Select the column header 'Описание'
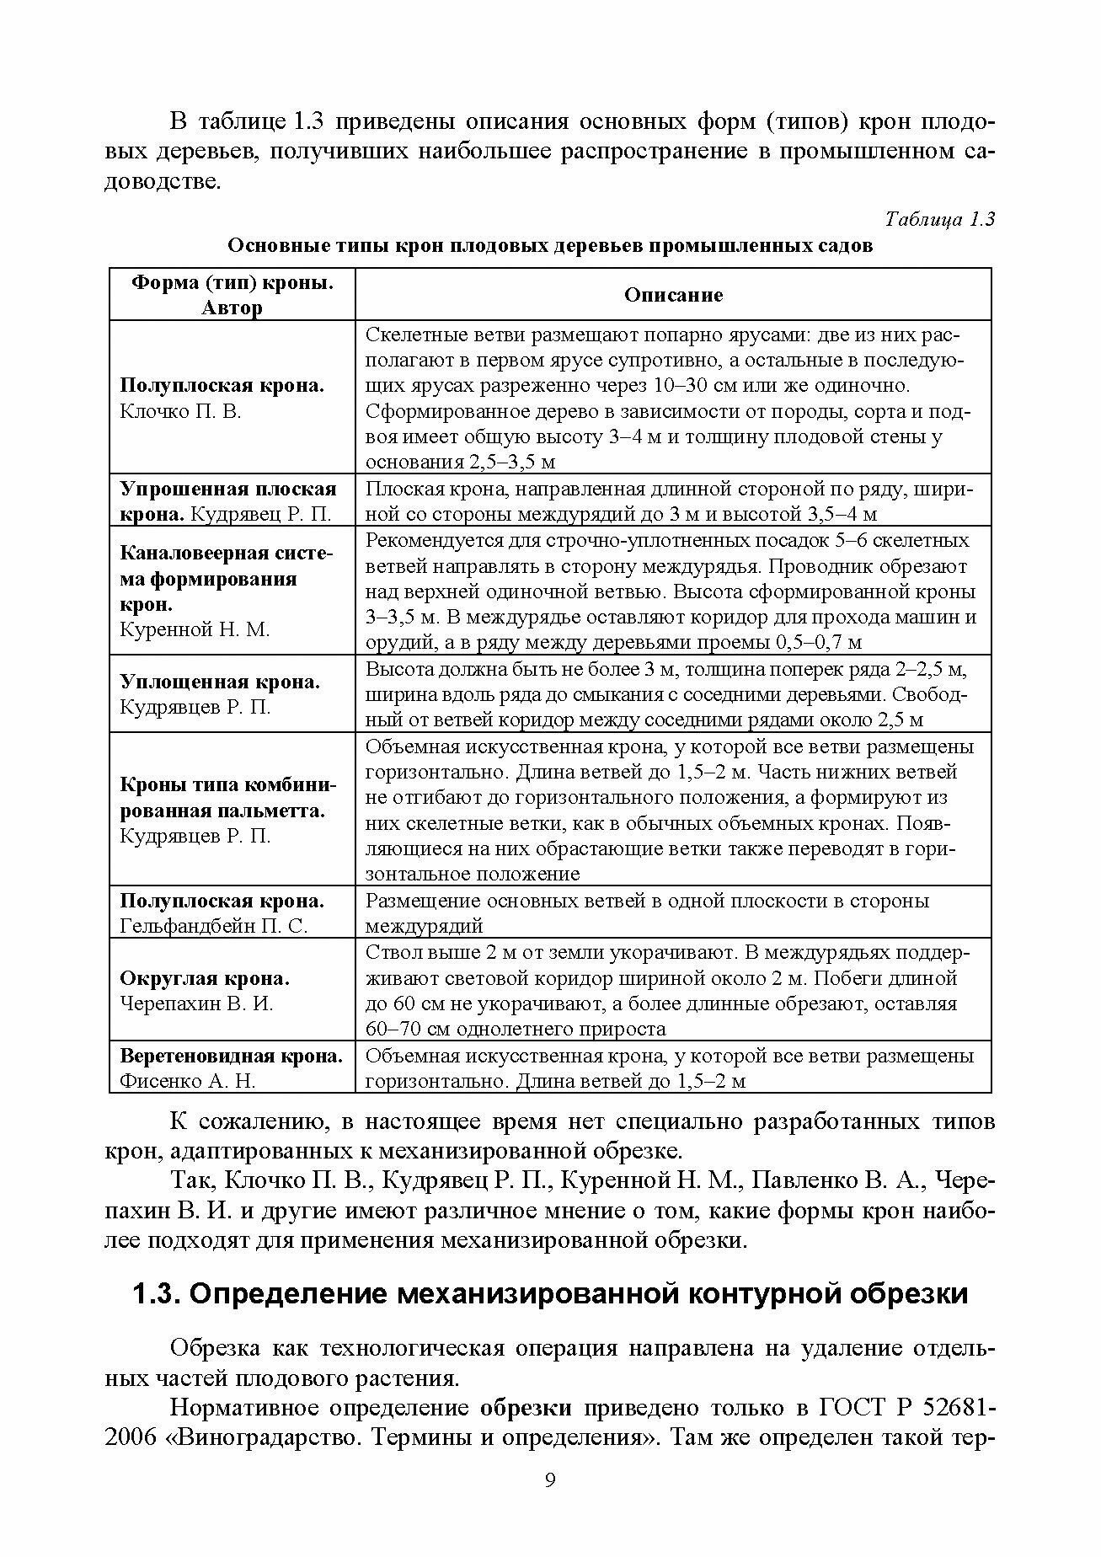673,295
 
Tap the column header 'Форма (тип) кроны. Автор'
232,295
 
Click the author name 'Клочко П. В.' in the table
180,412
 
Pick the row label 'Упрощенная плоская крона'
228,500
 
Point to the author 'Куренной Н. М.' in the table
195,630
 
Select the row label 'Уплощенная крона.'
220,682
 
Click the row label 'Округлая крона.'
205,979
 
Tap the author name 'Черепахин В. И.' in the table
196,1004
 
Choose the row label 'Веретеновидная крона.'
232,1057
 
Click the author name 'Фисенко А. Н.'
188,1081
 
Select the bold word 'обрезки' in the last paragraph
526,1408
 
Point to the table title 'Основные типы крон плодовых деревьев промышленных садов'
551,247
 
